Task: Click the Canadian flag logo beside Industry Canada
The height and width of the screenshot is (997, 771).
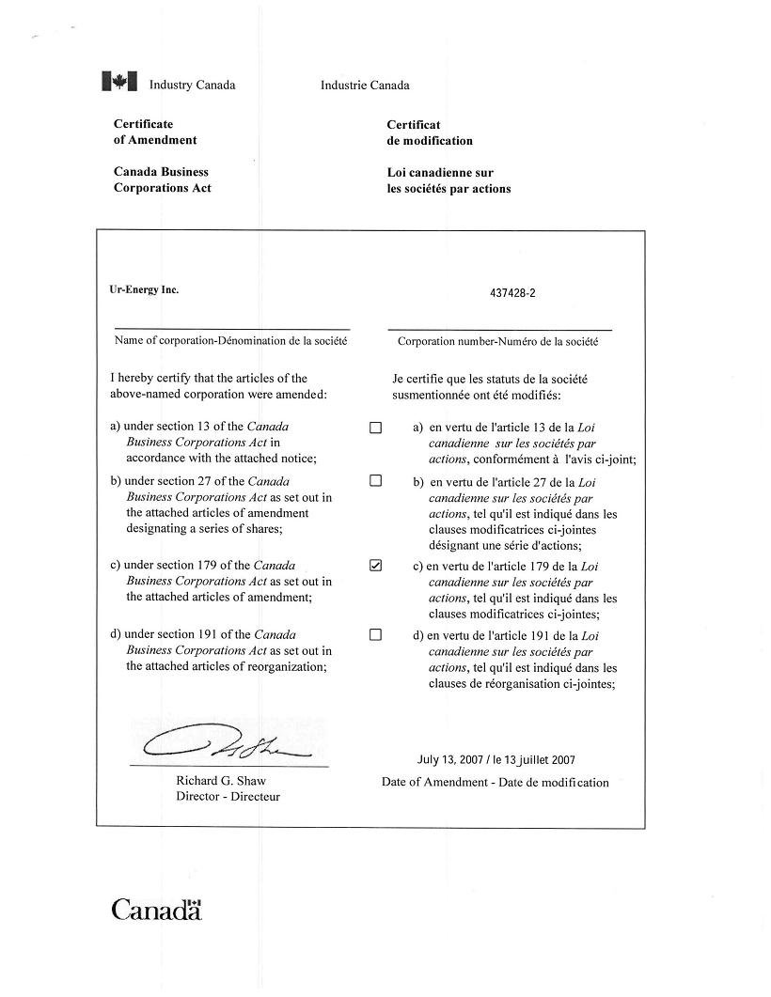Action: click(x=119, y=83)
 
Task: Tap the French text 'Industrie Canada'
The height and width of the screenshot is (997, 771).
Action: click(x=365, y=86)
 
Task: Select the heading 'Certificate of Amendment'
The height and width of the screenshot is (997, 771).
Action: click(x=155, y=132)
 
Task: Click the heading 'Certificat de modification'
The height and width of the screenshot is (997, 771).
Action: click(x=430, y=132)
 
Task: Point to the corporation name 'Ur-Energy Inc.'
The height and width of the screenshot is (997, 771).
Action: click(x=144, y=289)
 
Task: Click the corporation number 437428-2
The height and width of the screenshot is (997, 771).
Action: click(x=512, y=292)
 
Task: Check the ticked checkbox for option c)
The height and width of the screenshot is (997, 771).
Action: click(x=376, y=566)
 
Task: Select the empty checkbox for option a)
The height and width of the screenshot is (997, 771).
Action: click(x=376, y=428)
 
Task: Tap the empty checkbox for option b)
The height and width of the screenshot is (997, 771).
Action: click(x=376, y=481)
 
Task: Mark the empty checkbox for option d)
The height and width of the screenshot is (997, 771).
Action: click(x=376, y=634)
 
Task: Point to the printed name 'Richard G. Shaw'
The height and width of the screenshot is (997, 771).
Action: click(x=221, y=781)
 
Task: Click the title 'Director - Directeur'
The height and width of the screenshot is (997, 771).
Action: click(x=228, y=797)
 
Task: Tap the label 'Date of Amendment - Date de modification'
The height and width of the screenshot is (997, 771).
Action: click(x=496, y=782)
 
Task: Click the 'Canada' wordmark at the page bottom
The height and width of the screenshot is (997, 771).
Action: click(x=157, y=910)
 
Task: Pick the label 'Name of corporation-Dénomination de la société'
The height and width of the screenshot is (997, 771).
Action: click(x=231, y=340)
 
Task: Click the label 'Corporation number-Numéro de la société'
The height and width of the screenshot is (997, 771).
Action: click(x=497, y=341)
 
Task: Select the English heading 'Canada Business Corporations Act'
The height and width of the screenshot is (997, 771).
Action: click(x=163, y=179)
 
